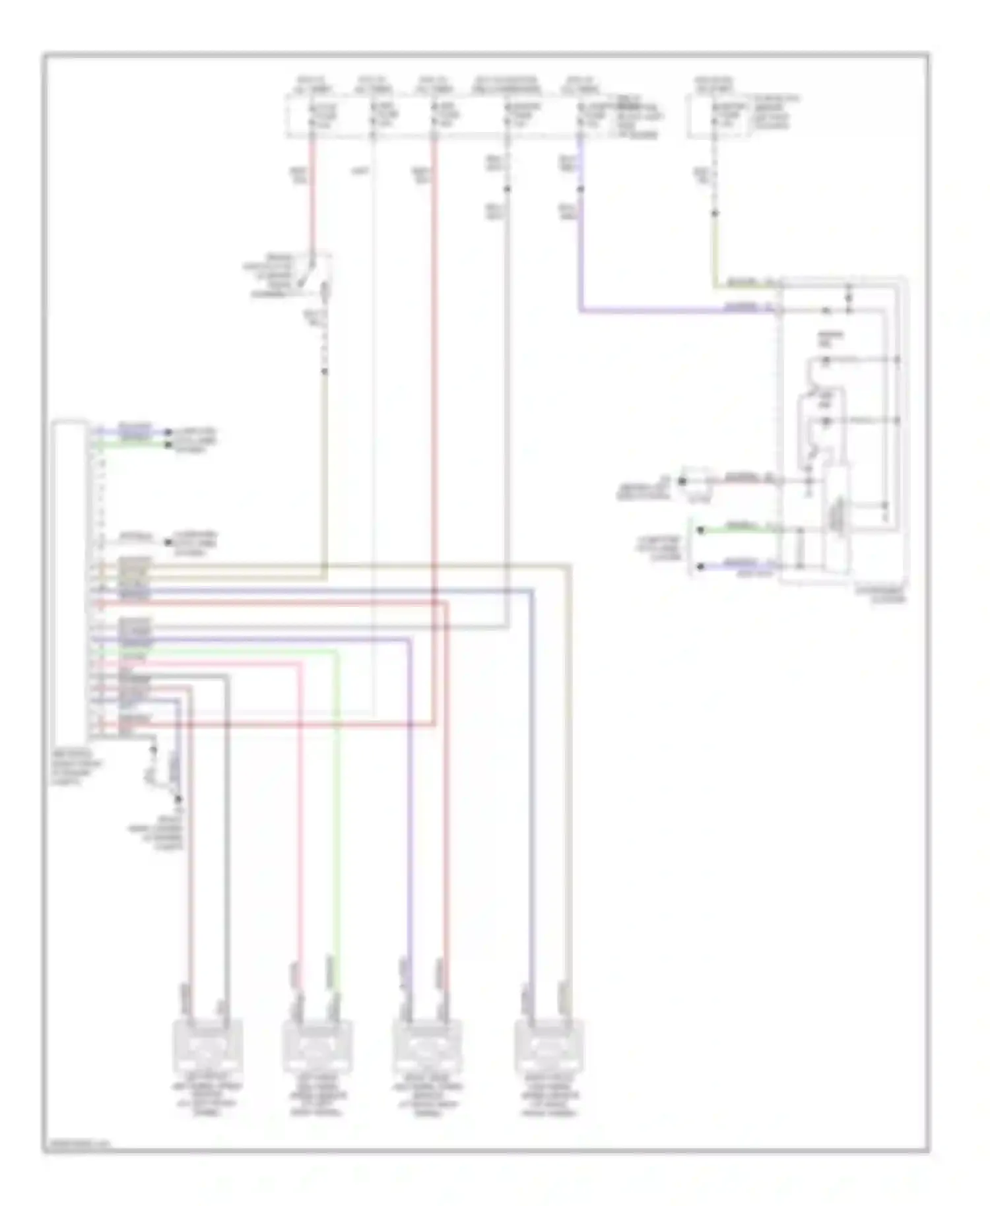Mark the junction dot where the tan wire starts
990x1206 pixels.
(324, 372)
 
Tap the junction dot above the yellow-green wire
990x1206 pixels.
(714, 213)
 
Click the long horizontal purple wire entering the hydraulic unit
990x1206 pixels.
(673, 309)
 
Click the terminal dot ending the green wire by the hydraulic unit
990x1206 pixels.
(701, 530)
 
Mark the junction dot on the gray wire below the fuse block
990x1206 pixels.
(507, 189)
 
